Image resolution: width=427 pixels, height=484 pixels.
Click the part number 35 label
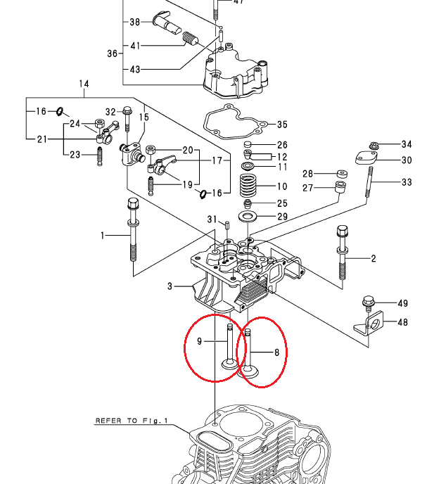pyautogui.click(x=282, y=125)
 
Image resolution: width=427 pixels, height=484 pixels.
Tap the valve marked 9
pyautogui.click(x=230, y=346)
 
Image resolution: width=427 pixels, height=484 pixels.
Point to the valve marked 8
pyautogui.click(x=248, y=353)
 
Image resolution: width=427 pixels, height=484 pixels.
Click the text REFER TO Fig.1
pyautogui.click(x=132, y=421)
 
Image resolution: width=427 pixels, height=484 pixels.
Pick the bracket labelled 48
pyautogui.click(x=369, y=324)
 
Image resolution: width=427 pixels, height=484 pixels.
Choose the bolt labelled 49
pyautogui.click(x=369, y=304)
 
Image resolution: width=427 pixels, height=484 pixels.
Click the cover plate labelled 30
pyautogui.click(x=366, y=158)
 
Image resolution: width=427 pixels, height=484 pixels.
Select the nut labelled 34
pyautogui.click(x=374, y=145)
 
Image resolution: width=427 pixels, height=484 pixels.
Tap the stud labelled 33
pyautogui.click(x=369, y=181)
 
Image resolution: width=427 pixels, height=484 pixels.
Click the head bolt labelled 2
pyautogui.click(x=342, y=253)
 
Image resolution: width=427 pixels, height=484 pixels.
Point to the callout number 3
pyautogui.click(x=170, y=286)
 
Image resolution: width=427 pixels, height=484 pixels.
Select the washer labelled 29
pyautogui.click(x=248, y=216)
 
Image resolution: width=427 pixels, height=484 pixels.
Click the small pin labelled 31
pyautogui.click(x=227, y=225)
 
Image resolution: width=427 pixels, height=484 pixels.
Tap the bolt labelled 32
pyautogui.click(x=127, y=119)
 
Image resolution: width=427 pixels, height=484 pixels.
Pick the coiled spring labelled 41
pyautogui.click(x=190, y=39)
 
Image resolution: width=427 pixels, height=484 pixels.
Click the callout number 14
pyautogui.click(x=84, y=84)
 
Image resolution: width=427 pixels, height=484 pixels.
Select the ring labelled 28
pyautogui.click(x=342, y=174)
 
